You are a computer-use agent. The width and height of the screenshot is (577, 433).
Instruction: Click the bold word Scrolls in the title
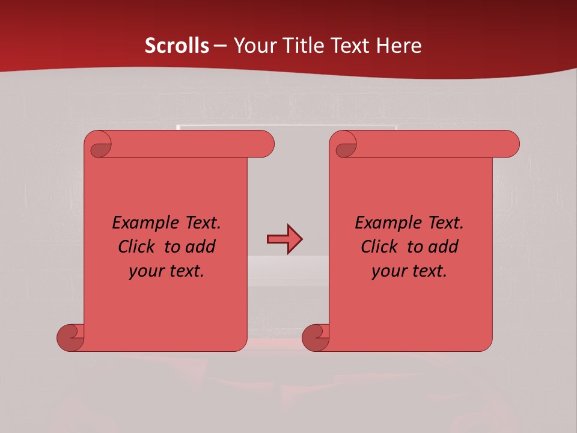point(177,46)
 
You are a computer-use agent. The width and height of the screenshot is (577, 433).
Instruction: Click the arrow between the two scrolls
point(284,239)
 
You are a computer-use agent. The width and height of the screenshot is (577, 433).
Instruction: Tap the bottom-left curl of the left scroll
point(70,337)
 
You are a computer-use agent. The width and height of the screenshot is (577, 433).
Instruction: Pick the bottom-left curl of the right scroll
point(316,337)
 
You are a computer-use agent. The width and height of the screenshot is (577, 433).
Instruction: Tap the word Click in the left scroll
point(137,247)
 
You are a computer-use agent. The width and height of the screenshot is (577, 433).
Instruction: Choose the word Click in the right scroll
point(379,247)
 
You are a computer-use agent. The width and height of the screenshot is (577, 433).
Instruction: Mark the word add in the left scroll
point(200,247)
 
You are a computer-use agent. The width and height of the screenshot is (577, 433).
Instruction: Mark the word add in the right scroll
point(443,247)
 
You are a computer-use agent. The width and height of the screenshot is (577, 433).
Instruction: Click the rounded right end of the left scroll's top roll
point(265,144)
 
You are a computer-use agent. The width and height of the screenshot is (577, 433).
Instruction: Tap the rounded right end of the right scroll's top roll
point(510,144)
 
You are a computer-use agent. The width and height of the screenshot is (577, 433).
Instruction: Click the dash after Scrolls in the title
point(221,46)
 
